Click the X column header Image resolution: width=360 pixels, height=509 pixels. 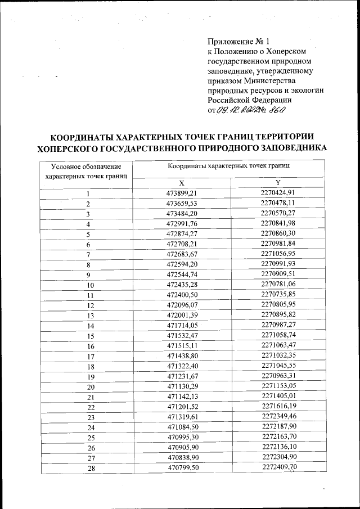181,183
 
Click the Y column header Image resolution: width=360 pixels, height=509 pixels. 278,182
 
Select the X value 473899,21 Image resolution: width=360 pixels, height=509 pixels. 181,193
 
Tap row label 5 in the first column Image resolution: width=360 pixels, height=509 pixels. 88,235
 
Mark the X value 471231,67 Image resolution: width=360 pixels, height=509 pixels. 181,376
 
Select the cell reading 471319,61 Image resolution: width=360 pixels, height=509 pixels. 181,417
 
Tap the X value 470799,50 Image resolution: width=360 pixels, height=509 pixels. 181,467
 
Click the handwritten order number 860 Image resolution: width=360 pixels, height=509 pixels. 275,110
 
